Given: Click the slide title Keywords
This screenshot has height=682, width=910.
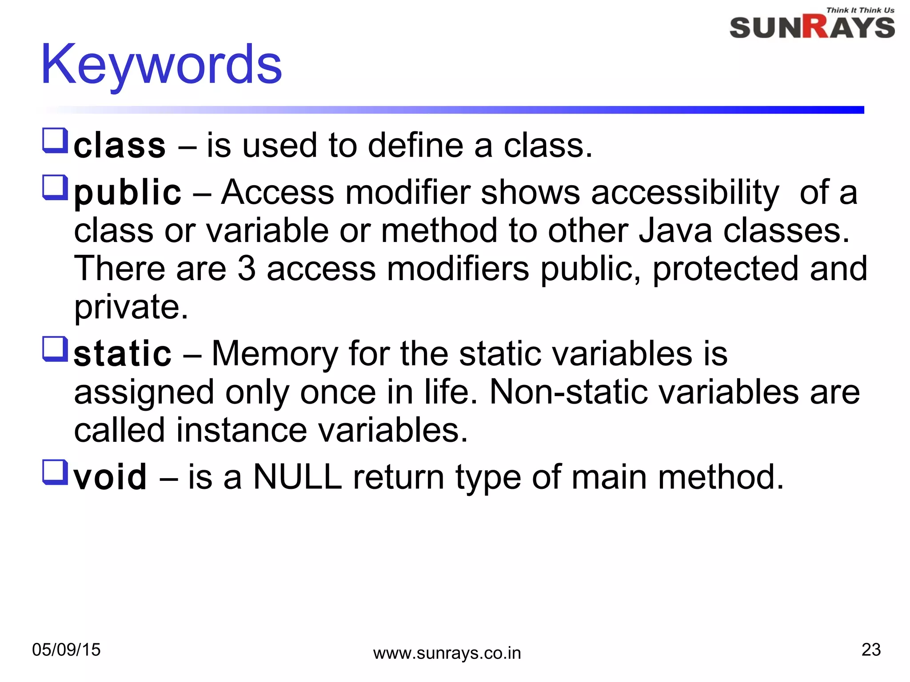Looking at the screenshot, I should tap(161, 66).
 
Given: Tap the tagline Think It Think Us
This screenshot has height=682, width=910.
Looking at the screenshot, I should tap(860, 10).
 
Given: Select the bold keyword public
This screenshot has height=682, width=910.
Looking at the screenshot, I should tap(128, 193).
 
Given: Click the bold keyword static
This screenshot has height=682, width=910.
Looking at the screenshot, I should tap(123, 354).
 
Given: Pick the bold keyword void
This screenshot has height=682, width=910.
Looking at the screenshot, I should tap(110, 477).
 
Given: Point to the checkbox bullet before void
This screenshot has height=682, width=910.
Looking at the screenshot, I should tap(55, 472).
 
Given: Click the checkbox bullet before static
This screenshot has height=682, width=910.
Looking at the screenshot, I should tap(55, 349).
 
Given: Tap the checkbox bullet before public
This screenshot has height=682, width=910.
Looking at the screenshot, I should tap(55, 187).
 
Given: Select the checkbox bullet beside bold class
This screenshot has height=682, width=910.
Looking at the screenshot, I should tap(55, 140).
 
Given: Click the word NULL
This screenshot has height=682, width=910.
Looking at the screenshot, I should tap(297, 477).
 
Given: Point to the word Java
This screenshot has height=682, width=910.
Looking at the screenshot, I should tap(675, 231).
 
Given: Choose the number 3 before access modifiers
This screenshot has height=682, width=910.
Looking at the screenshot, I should tap(247, 269).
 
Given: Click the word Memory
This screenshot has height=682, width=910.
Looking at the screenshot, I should tap(275, 354).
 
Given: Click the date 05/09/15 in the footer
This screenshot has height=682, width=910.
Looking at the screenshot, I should tap(66, 650).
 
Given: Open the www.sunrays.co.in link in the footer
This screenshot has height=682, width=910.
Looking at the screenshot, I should tap(447, 654).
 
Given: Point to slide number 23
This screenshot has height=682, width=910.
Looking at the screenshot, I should tap(871, 650).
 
